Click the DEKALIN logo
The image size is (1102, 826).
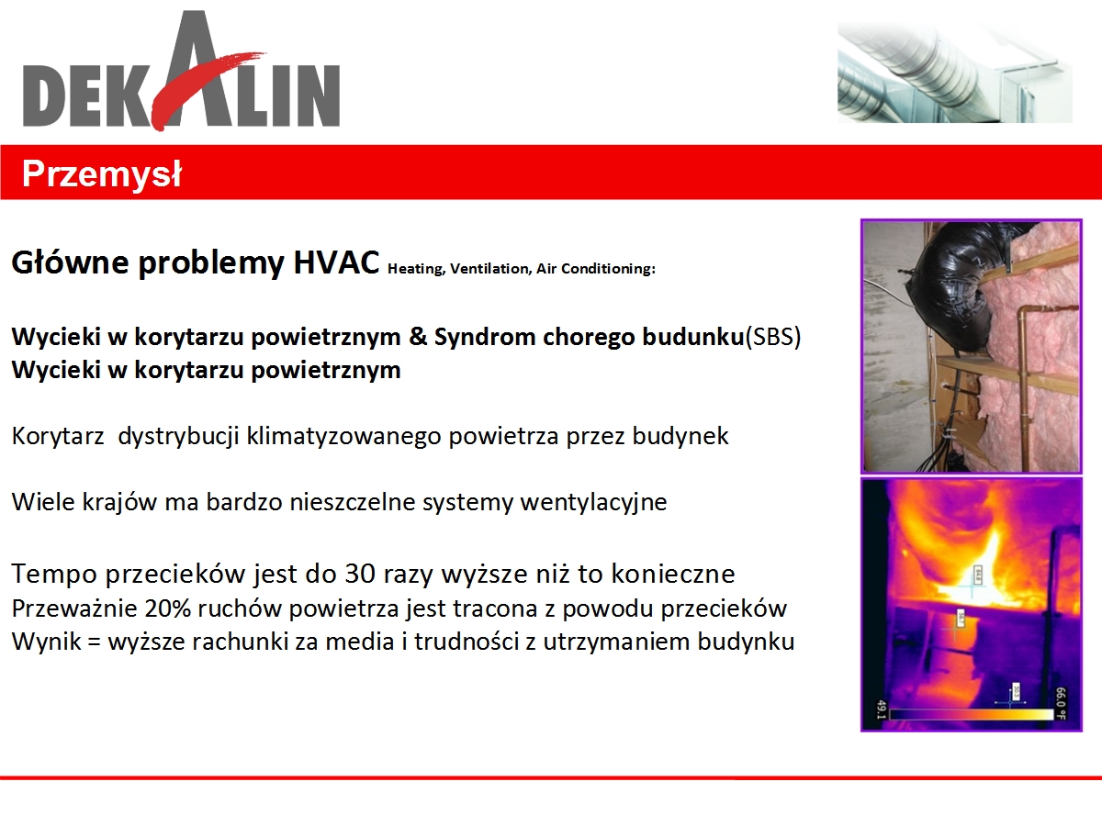[x=182, y=71]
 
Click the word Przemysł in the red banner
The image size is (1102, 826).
[x=101, y=174]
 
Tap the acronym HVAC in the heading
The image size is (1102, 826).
[x=336, y=262]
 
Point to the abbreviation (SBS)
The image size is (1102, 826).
[x=773, y=337]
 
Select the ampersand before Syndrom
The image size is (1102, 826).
[x=417, y=336]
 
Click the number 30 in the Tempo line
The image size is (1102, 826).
[x=360, y=574]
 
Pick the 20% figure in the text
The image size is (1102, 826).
[x=168, y=608]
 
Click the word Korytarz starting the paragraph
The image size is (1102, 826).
[x=58, y=436]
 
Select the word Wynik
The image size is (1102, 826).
[x=46, y=642]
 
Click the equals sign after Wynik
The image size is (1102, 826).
[x=95, y=642]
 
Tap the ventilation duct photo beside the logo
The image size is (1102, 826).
[x=955, y=73]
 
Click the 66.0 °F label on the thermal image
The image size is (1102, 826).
[x=1061, y=703]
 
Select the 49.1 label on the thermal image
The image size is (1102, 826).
[x=881, y=709]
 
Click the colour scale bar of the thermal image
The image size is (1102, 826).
[x=972, y=714]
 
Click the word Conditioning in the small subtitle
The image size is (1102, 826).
[x=608, y=269]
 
